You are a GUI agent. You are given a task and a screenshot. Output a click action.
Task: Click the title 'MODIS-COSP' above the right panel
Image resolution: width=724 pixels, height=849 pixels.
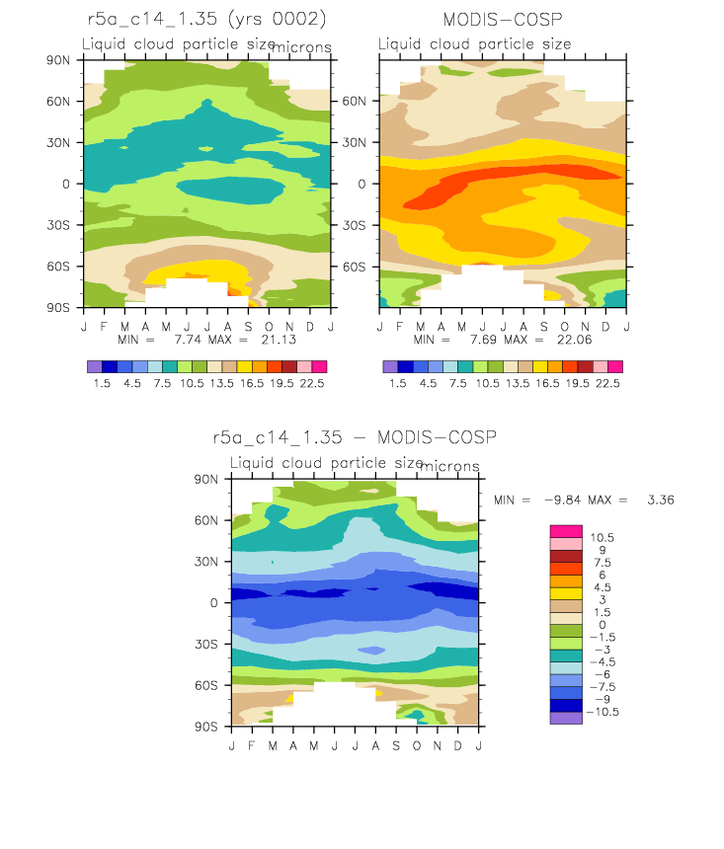[x=503, y=20]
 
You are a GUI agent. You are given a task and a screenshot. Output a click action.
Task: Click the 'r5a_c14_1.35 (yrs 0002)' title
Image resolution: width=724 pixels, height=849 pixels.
[x=206, y=19]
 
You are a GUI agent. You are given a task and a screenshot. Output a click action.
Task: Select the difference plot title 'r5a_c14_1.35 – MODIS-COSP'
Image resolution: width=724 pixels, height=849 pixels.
[x=355, y=437]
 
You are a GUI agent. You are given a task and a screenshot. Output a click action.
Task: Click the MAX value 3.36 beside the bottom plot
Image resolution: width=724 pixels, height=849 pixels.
[x=661, y=500]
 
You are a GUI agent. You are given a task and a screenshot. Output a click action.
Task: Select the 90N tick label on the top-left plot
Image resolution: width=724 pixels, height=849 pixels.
[x=58, y=60]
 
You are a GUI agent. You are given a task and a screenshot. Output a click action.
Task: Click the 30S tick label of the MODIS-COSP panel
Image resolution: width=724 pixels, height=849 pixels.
[x=354, y=225]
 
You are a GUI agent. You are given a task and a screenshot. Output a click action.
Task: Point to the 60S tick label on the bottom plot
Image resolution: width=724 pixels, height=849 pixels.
[x=205, y=685]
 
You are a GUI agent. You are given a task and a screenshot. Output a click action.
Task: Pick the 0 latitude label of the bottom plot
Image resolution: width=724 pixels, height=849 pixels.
[x=214, y=602]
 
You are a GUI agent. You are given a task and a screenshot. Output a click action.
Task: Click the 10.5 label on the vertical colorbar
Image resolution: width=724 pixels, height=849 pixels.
[x=603, y=538]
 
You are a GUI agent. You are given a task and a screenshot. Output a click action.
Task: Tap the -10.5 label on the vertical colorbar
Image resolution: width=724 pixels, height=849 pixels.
[x=603, y=712]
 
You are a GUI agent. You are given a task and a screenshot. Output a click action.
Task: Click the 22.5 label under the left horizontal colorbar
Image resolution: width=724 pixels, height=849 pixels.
[x=312, y=383]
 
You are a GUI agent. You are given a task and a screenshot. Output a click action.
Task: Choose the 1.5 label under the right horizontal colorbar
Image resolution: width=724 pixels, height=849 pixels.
[x=398, y=383]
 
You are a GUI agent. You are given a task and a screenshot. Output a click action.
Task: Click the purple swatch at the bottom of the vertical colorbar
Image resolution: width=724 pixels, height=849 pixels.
[x=566, y=718]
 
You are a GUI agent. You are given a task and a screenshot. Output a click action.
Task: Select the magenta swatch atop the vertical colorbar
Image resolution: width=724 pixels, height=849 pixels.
[x=566, y=531]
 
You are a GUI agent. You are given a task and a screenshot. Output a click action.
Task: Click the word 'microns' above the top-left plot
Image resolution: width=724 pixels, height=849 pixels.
[x=301, y=47]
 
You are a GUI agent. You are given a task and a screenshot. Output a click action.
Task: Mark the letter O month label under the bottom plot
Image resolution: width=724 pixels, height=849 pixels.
[x=416, y=746]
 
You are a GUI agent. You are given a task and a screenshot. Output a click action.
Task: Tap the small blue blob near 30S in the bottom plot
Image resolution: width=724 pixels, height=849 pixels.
[x=372, y=650]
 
